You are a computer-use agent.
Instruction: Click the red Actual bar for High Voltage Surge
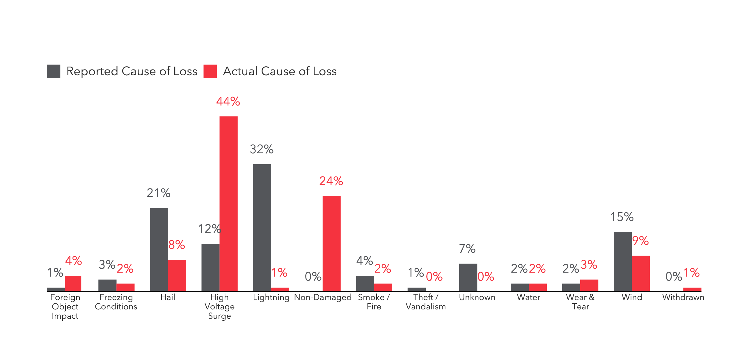click(228, 204)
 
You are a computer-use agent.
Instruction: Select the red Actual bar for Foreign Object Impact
click(73, 283)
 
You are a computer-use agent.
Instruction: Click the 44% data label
click(228, 101)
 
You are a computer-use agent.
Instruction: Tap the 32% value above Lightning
click(262, 149)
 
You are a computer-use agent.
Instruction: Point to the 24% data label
click(331, 181)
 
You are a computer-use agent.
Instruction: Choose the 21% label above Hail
click(159, 193)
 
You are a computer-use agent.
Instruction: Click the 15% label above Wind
click(622, 217)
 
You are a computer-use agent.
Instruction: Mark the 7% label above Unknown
click(467, 249)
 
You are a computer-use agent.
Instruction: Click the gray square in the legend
click(54, 71)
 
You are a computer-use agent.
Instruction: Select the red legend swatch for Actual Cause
click(210, 71)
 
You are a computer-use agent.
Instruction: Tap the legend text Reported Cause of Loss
click(132, 71)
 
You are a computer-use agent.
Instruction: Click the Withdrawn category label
click(683, 297)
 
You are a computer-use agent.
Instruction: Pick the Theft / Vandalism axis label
click(426, 302)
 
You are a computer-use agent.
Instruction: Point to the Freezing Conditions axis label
click(116, 302)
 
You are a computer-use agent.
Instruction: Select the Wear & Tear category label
click(580, 302)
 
